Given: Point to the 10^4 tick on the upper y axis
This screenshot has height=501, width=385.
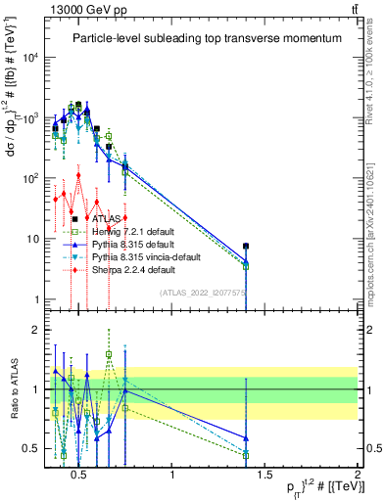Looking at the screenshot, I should click(30, 58).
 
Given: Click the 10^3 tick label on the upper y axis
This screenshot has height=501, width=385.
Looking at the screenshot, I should click(30, 118).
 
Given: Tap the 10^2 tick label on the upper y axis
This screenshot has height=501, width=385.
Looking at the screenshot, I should click(30, 179).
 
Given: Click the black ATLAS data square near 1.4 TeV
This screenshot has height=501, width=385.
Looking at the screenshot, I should click(246, 247).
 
